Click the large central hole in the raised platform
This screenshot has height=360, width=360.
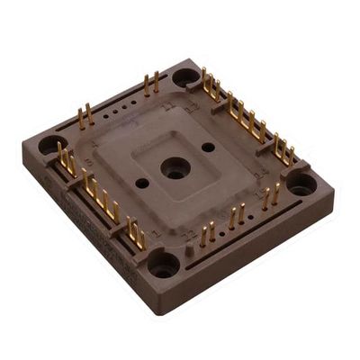[x=174, y=167]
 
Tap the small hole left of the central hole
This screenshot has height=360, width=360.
[x=142, y=183]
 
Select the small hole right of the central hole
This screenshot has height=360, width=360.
[x=208, y=147]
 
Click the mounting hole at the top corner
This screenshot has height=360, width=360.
[x=186, y=76]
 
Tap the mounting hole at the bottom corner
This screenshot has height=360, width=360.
[x=163, y=264]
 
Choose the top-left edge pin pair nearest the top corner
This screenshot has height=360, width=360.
[x=150, y=85]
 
